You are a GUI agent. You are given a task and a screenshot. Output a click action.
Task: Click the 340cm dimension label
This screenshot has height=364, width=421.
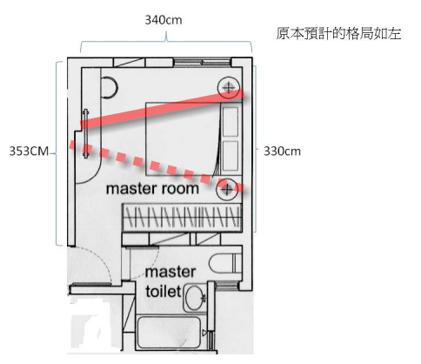click(164, 20)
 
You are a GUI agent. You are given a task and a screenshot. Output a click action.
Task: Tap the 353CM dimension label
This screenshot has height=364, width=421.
click(29, 151)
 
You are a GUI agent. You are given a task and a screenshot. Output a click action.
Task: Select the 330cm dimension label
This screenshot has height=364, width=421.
click(282, 152)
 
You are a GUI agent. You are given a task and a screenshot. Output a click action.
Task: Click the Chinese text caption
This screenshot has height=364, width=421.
click(338, 33)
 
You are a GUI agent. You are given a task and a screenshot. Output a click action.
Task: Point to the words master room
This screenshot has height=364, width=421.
click(152, 189)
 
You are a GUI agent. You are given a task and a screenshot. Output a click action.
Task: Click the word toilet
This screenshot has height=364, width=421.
click(164, 292)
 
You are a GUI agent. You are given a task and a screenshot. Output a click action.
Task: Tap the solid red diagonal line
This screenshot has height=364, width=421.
click(163, 109)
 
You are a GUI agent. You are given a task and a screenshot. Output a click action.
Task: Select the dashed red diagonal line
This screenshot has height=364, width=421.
click(157, 166)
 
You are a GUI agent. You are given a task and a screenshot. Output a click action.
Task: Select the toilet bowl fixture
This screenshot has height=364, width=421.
click(225, 264)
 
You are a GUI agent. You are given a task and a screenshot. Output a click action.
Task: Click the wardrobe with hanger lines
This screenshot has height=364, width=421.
click(182, 218)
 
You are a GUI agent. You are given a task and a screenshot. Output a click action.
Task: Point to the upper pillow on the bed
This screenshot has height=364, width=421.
click(231, 121)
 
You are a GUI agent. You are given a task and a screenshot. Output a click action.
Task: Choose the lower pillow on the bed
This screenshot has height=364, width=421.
click(231, 156)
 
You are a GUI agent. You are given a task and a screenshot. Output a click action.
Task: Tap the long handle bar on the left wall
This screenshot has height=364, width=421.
click(85, 133)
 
